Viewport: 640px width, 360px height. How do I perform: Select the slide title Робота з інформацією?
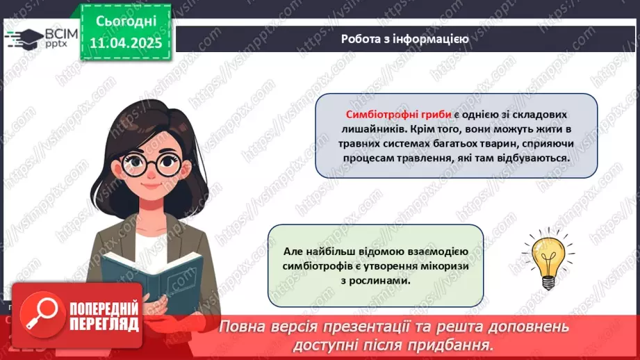pos(404,39)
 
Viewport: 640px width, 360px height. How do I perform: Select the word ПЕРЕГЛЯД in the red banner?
pos(105,324)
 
